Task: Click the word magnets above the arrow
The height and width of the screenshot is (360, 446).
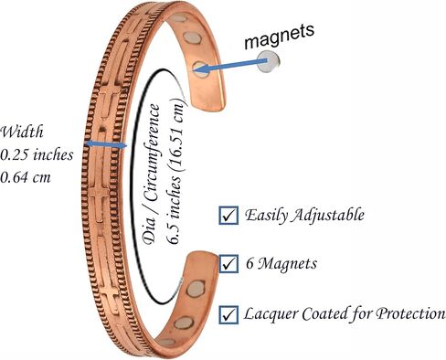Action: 279,36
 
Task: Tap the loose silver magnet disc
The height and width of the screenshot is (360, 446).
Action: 268,61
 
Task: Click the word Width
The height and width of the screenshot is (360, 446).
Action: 22,132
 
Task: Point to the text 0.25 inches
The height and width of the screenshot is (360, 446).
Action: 37,154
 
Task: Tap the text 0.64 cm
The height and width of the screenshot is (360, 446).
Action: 26,177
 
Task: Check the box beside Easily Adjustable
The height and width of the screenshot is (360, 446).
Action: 228,216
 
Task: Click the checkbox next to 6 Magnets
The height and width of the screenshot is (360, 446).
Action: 228,264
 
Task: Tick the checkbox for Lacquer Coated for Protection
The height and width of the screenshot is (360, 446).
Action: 228,314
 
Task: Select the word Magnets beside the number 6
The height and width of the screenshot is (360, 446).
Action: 287,264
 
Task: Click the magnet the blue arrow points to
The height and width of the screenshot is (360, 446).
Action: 200,69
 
